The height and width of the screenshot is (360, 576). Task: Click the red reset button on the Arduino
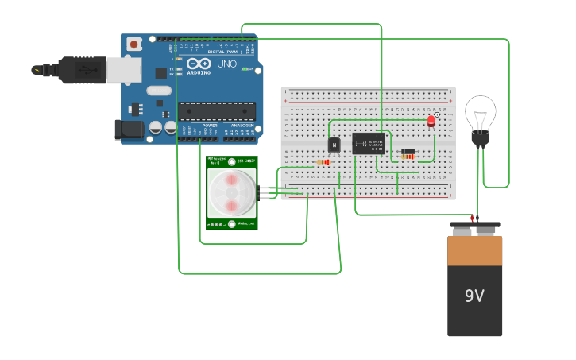tap(134, 43)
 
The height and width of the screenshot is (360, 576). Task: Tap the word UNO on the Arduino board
tap(226, 64)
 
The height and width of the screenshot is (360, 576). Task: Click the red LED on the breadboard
tap(431, 121)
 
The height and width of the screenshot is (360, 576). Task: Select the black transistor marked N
tap(334, 145)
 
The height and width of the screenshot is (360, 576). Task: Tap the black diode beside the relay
tap(408, 151)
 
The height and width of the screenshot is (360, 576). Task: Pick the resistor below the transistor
tap(323, 162)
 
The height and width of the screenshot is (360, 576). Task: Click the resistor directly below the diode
tap(408, 157)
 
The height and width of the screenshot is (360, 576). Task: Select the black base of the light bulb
tap(480, 139)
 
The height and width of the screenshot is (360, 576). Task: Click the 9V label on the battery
tap(474, 296)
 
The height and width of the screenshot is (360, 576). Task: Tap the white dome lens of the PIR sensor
tap(232, 193)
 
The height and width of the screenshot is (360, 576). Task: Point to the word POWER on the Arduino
tap(210, 126)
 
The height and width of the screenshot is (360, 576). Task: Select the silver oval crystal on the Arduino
tap(159, 90)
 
